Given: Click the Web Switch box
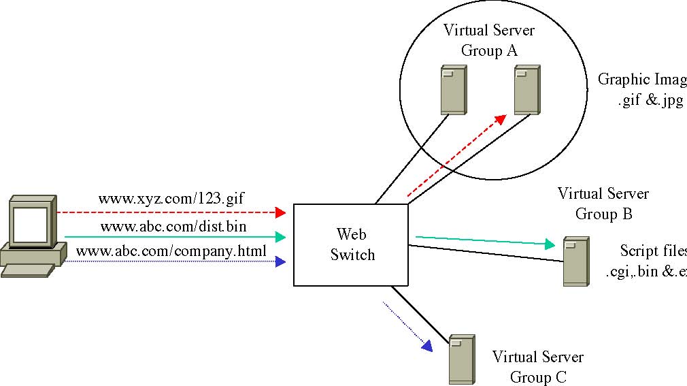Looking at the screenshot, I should tap(350, 245).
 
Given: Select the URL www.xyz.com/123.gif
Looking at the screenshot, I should tap(171, 199).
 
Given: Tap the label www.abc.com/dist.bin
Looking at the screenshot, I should tap(173, 225).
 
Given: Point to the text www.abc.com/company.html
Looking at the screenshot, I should tap(171, 251).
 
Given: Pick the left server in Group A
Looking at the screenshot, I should tap(453, 89).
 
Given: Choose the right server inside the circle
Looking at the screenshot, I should tap(526, 89).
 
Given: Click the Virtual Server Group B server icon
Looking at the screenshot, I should tap(575, 261).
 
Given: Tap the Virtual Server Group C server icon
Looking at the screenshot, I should tap(461, 360).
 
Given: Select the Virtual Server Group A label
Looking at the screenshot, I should tap(489, 40).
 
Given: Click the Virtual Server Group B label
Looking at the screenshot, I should tap(603, 204).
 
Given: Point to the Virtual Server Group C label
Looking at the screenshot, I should tap(538, 367).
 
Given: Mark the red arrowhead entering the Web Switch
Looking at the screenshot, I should tap(280, 212).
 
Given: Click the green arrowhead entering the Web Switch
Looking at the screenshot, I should tap(280, 237).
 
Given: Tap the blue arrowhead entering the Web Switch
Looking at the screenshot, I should tap(280, 261).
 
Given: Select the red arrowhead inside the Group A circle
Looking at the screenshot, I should tap(501, 119).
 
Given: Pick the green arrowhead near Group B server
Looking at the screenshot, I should tap(552, 244).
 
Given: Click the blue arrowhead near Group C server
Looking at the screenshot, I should tap(426, 345).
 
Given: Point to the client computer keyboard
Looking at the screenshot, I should tap(27, 270).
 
